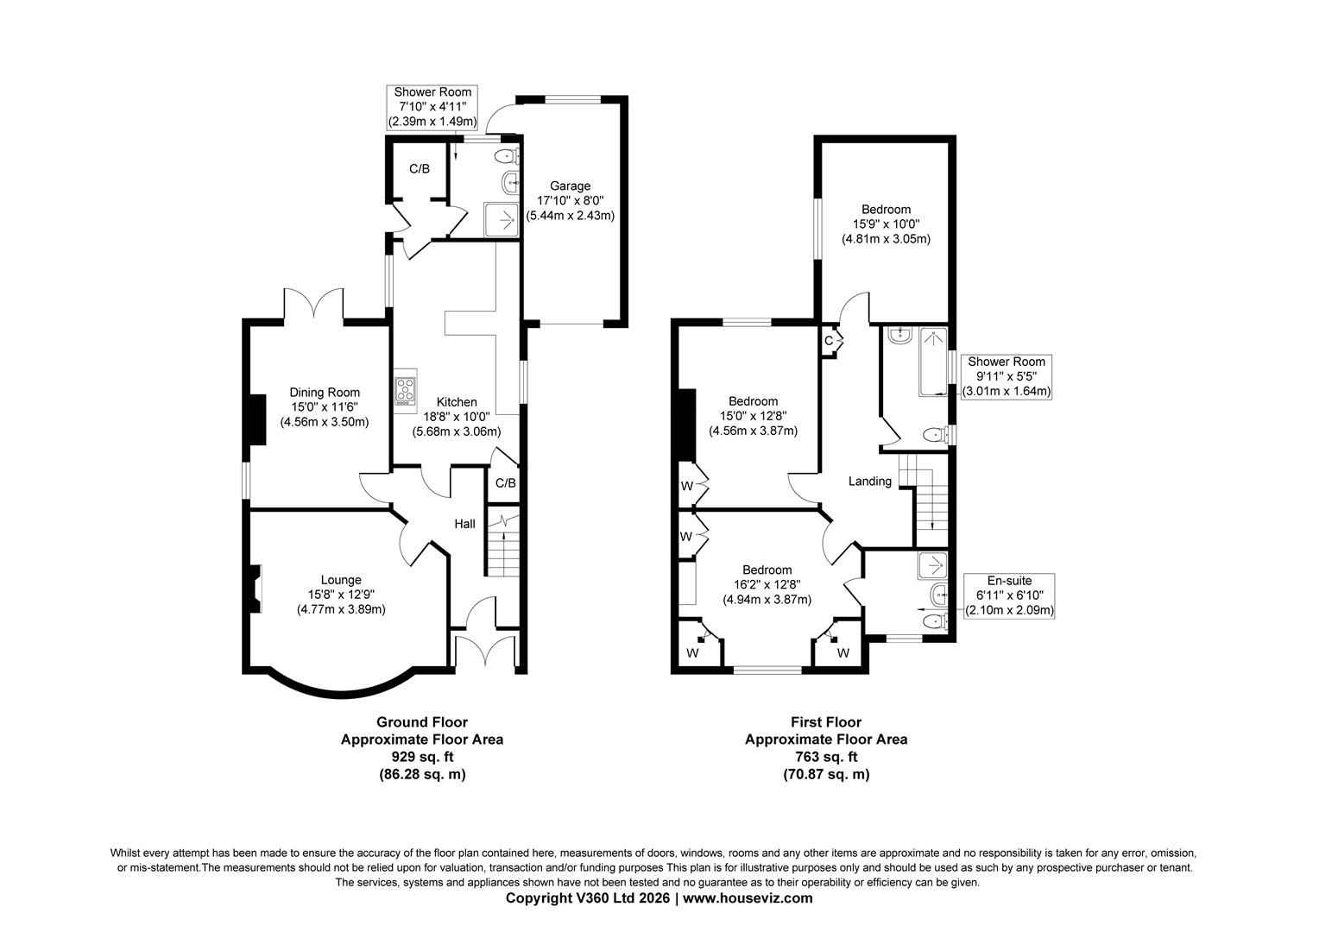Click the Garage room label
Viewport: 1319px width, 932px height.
571,186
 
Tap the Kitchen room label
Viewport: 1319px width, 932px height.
457,402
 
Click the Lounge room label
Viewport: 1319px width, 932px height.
341,580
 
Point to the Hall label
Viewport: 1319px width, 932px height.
465,524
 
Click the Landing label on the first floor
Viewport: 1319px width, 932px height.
869,482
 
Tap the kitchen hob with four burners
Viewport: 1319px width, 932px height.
405,391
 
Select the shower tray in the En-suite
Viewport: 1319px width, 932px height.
931,564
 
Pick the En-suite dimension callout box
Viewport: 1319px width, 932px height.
1009,595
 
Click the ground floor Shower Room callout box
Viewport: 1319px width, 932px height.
432,107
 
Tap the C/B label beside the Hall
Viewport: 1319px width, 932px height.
505,483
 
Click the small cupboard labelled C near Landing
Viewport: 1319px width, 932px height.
829,341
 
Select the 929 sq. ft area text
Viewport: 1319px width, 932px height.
422,757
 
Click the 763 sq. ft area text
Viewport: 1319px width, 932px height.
826,757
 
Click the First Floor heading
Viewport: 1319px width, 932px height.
826,722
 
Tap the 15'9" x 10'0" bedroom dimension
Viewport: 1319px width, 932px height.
886,224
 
